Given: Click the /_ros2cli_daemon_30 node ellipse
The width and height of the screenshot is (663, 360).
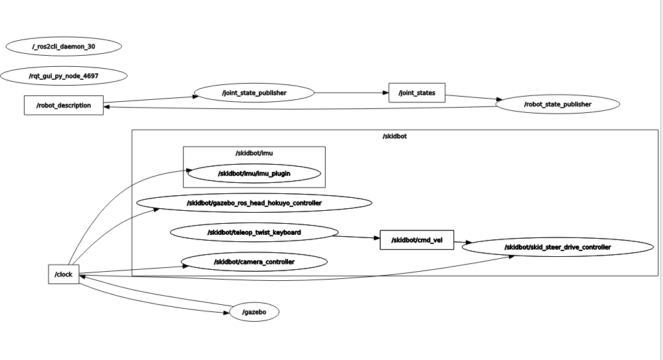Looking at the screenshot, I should [x=64, y=47].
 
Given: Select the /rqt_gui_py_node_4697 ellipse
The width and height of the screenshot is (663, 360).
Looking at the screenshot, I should [x=64, y=76].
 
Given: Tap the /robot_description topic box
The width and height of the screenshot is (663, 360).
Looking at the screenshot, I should [x=64, y=105].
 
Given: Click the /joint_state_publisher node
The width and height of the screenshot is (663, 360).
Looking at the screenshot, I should [x=254, y=93].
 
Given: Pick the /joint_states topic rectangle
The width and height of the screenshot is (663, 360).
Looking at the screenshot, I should [x=416, y=93].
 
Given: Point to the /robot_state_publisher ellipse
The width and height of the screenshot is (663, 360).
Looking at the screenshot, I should [x=557, y=104].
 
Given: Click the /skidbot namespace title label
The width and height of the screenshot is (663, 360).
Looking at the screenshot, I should [x=394, y=136].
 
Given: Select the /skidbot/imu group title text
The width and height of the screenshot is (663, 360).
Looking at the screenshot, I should [x=254, y=153].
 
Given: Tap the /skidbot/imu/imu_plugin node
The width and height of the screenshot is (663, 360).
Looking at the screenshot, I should [x=254, y=174].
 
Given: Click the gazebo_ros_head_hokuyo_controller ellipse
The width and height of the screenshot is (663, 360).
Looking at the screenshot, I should [x=254, y=203].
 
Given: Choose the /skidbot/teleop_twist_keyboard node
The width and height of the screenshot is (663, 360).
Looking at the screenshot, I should [x=254, y=232].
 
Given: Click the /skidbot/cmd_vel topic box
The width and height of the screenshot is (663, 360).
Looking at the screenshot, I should [x=416, y=240].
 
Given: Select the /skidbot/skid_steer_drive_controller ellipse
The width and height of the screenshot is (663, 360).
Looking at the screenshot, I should [x=557, y=247].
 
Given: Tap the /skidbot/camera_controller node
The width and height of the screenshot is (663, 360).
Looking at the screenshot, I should [x=254, y=261].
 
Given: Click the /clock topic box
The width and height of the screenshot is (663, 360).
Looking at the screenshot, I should [x=64, y=274].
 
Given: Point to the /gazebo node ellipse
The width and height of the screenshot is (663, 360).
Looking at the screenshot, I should [x=254, y=312].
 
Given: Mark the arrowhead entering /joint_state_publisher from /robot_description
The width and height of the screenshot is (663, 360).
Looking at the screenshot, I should [x=194, y=97].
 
